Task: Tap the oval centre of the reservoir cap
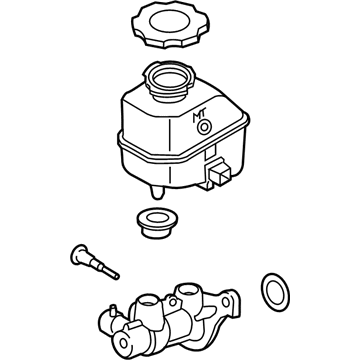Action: pyautogui.click(x=170, y=21)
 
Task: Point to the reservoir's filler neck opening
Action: pyautogui.click(x=170, y=79)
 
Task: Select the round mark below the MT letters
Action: pyautogui.click(x=204, y=128)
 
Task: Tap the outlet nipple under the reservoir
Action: pyautogui.click(x=157, y=192)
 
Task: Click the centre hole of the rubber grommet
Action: pyautogui.click(x=157, y=218)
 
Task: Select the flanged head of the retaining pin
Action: pyautogui.click(x=79, y=255)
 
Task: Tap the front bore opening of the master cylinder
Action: pyautogui.click(x=123, y=343)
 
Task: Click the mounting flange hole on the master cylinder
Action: pyautogui.click(x=226, y=302)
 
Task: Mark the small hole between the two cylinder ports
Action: pyautogui.click(x=173, y=303)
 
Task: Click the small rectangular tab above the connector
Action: pyautogui.click(x=210, y=154)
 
